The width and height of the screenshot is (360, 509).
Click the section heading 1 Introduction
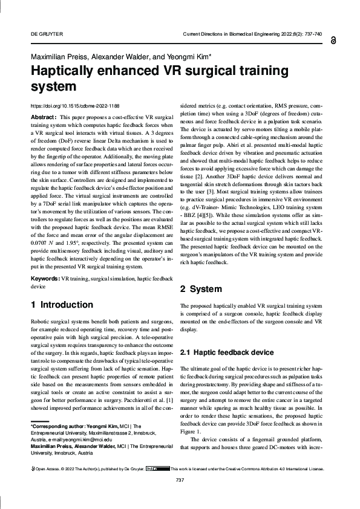coord(62,305)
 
